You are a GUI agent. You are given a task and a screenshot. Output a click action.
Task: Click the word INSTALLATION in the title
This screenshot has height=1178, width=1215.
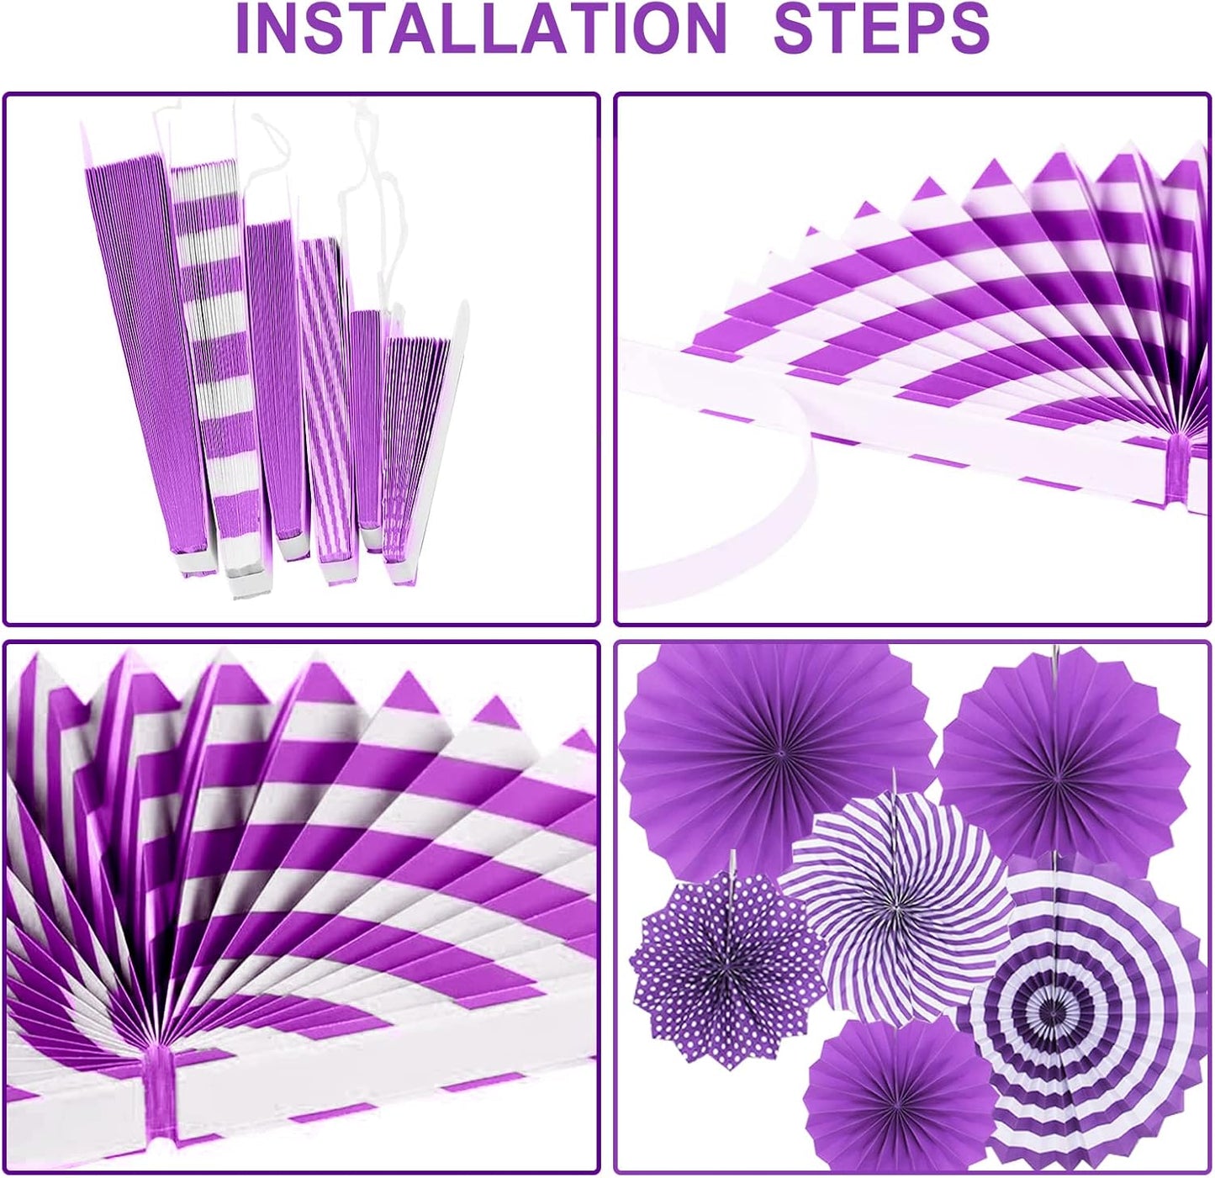click(x=482, y=29)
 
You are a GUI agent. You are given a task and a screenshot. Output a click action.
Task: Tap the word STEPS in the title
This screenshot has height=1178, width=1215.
click(x=881, y=29)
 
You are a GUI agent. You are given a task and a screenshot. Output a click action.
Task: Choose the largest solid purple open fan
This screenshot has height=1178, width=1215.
click(x=777, y=755)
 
